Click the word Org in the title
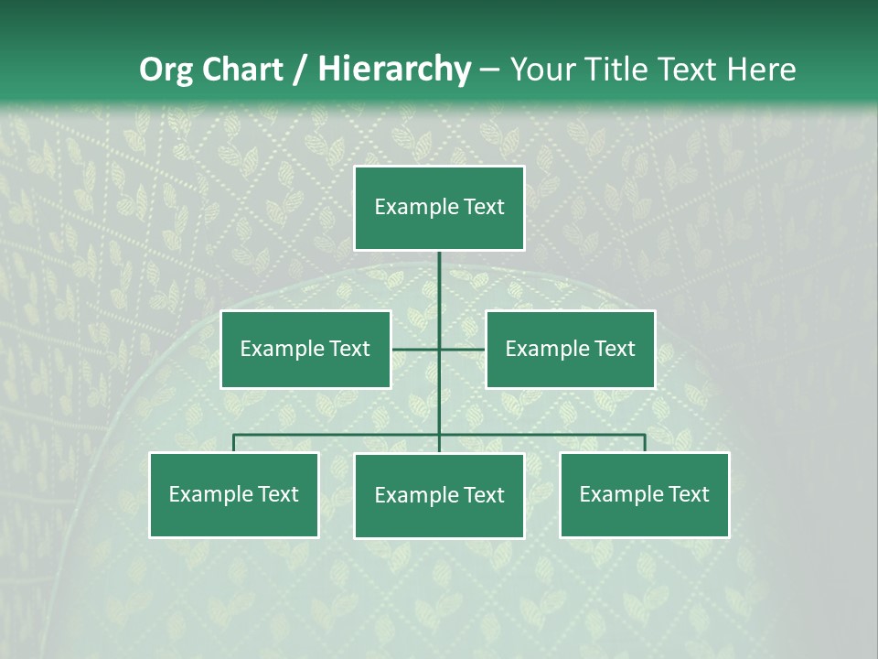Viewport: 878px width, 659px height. (165, 70)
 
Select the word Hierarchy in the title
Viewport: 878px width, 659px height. (394, 70)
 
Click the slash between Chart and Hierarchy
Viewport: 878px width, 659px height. (301, 70)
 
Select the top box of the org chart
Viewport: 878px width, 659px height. (439, 208)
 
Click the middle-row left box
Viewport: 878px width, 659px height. (305, 349)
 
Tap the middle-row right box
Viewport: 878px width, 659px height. (570, 349)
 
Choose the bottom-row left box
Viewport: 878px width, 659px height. (234, 494)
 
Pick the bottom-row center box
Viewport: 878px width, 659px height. (439, 495)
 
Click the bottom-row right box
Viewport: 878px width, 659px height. (645, 494)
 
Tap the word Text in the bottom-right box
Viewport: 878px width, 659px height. (688, 494)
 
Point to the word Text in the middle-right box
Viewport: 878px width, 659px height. (614, 349)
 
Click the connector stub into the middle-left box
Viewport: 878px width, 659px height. (413, 349)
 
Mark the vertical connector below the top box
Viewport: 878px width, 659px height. (439, 284)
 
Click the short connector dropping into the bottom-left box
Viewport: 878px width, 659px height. (234, 443)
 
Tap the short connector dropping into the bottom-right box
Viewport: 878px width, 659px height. (645, 443)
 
